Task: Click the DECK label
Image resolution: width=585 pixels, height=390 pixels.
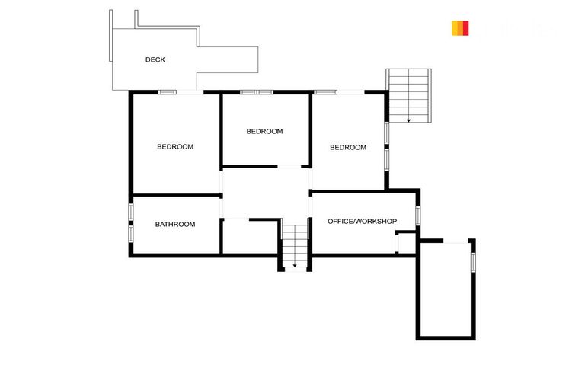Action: pos(155,59)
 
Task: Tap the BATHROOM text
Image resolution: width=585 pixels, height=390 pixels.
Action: pos(175,225)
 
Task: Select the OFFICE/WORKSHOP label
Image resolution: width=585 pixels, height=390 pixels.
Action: pos(362,222)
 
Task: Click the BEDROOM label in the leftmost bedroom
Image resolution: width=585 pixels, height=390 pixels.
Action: pos(175,147)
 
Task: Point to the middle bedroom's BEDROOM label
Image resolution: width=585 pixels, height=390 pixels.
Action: pos(264,131)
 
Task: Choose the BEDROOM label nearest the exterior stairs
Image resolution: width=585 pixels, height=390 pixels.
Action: pos(348,148)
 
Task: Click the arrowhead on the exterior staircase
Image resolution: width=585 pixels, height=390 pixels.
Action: pos(409,120)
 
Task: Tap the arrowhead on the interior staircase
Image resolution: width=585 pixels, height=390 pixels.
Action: pos(295,265)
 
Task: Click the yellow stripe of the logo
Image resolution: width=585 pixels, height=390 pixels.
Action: pos(456,28)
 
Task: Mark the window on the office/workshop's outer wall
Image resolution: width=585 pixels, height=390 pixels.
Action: pos(417,216)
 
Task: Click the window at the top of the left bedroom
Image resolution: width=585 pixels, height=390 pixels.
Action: pos(168,92)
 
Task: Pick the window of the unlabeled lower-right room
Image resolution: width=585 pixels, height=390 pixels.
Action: pos(472,261)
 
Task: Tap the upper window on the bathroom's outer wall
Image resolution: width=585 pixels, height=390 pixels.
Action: pos(131,211)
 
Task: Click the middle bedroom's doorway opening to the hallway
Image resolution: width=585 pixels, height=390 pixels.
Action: pos(289,166)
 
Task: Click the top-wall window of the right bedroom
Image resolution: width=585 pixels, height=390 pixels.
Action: pos(325,92)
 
